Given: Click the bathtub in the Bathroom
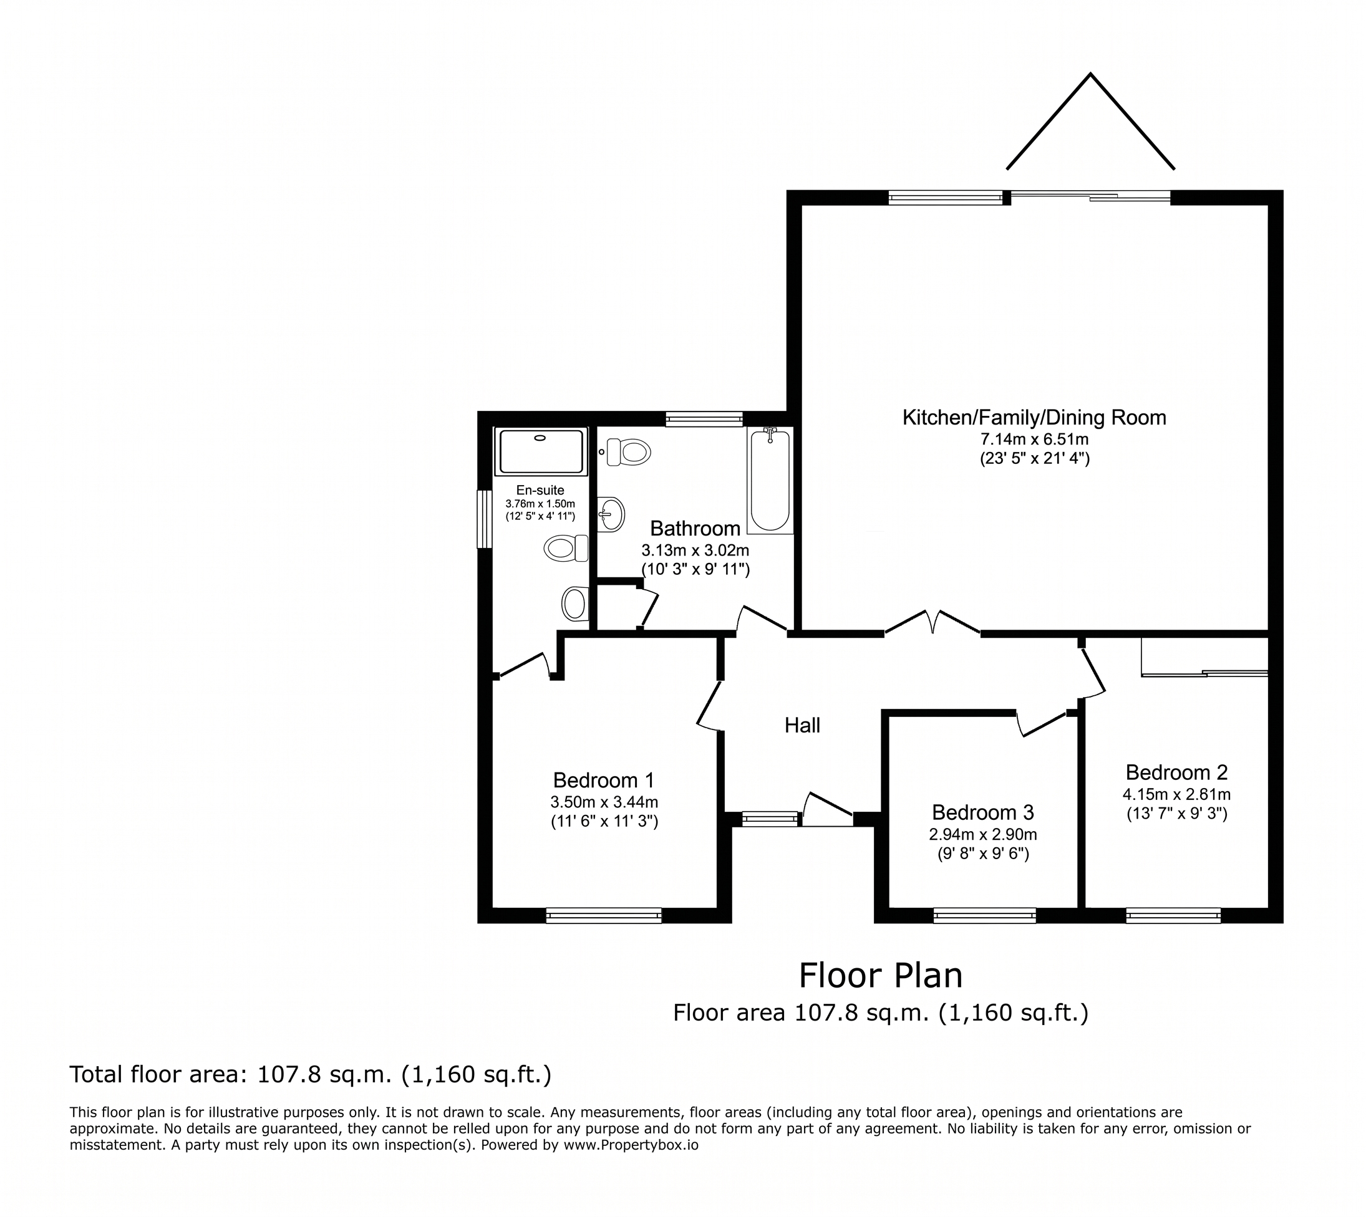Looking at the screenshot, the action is pyautogui.click(x=770, y=480).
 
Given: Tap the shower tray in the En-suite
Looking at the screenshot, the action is pyautogui.click(x=541, y=451).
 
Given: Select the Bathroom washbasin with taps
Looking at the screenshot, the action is pyautogui.click(x=611, y=514).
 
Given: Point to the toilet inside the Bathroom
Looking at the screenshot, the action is pyautogui.click(x=628, y=452).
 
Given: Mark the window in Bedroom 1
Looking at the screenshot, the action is pyautogui.click(x=604, y=915).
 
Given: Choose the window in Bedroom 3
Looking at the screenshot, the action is pyautogui.click(x=985, y=915).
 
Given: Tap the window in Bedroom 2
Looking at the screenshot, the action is pyautogui.click(x=1173, y=915).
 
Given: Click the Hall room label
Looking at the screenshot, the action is pyautogui.click(x=802, y=726).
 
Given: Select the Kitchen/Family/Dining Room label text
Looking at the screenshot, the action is pyautogui.click(x=1034, y=418).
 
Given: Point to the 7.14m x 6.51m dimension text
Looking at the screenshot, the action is pyautogui.click(x=1035, y=440).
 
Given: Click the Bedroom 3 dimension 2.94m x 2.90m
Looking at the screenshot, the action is pyautogui.click(x=982, y=835).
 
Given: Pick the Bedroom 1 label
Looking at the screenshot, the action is pyautogui.click(x=603, y=781).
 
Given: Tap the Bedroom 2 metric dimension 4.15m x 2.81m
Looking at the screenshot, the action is pyautogui.click(x=1176, y=794).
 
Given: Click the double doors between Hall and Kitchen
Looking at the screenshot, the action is pyautogui.click(x=932, y=622).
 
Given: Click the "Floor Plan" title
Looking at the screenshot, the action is pyautogui.click(x=880, y=976).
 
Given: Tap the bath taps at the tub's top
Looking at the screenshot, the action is pyautogui.click(x=770, y=435).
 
